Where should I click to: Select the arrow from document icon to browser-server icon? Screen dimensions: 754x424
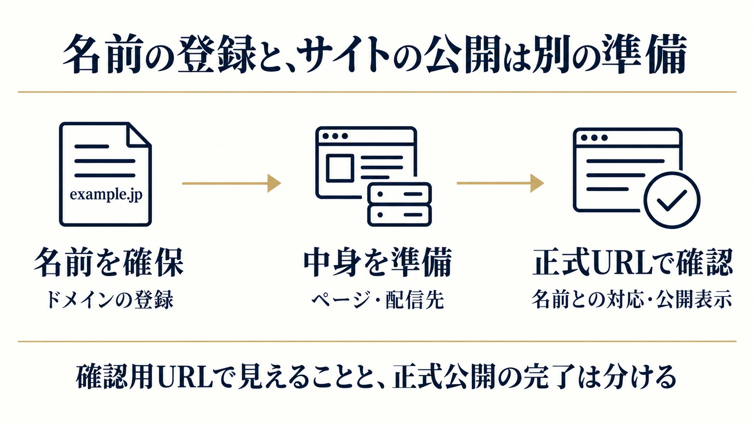click(x=232, y=183)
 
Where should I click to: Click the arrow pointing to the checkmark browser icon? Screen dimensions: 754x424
click(x=500, y=183)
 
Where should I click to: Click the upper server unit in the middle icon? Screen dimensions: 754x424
click(x=400, y=194)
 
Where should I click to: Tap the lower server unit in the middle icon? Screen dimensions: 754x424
click(x=400, y=215)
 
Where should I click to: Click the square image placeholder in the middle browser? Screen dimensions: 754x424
click(x=340, y=168)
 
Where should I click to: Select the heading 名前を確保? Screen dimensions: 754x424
click(x=109, y=263)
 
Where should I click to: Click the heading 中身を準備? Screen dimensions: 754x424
click(x=377, y=263)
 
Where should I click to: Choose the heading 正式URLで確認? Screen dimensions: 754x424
click(x=633, y=263)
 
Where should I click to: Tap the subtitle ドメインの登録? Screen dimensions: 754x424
click(x=110, y=300)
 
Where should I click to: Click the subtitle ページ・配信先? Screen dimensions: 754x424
click(x=377, y=300)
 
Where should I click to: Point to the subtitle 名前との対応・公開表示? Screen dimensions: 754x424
click(x=632, y=299)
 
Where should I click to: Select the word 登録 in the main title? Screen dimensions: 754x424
click(x=217, y=54)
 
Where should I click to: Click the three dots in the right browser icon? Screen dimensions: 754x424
click(x=594, y=137)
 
